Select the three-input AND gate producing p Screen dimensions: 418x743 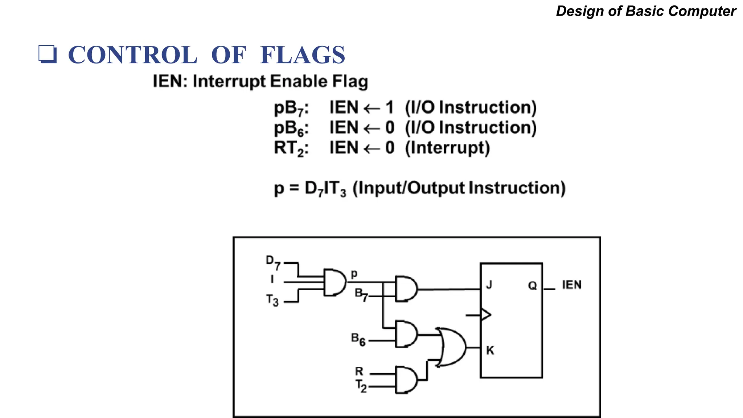[334, 282]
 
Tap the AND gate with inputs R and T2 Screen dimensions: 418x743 [406, 380]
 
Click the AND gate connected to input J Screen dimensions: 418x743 [406, 289]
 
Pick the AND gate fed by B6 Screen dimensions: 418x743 [406, 334]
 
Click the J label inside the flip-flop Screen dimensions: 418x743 [489, 285]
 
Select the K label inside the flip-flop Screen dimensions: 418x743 [490, 351]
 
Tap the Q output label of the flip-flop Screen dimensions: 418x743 [532, 286]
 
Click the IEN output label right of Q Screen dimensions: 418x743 [571, 285]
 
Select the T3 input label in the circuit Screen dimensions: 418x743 [272, 300]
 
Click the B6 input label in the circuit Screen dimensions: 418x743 [358, 339]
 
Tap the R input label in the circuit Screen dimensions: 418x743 [359, 371]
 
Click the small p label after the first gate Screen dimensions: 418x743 [354, 274]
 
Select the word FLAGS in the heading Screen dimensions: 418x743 [302, 55]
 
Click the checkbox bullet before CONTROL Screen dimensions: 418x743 [48, 54]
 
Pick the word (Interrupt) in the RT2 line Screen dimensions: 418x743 [447, 148]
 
